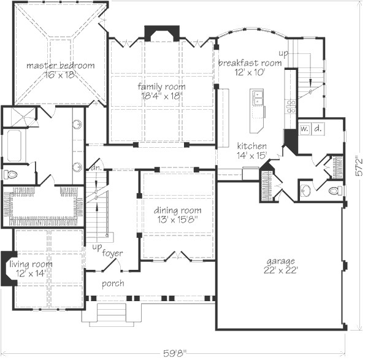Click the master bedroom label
pyautogui.click(x=61, y=65)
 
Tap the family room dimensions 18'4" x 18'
pyautogui.click(x=162, y=96)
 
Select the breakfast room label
pyautogui.click(x=250, y=63)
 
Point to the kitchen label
pyautogui.click(x=252, y=146)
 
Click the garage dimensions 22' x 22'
pyautogui.click(x=281, y=270)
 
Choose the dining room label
pyautogui.click(x=178, y=210)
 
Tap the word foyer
pyautogui.click(x=112, y=253)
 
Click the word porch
pyautogui.click(x=113, y=283)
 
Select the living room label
pyautogui.click(x=31, y=264)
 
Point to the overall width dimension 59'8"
pyautogui.click(x=175, y=353)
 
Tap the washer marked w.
pyautogui.click(x=305, y=129)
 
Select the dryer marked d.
pyautogui.click(x=318, y=129)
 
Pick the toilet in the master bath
pyautogui.click(x=10, y=174)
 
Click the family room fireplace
pyautogui.click(x=162, y=33)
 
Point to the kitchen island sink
pyautogui.click(x=258, y=98)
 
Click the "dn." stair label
pyautogui.click(x=96, y=168)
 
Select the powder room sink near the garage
pyautogui.click(x=306, y=190)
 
